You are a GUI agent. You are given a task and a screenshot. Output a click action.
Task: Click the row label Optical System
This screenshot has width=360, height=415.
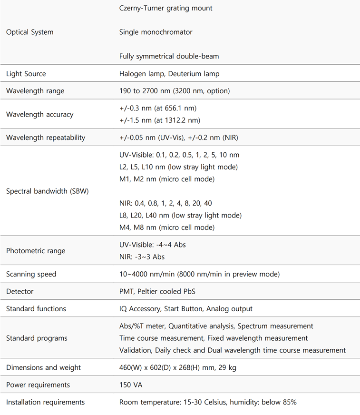[29, 32]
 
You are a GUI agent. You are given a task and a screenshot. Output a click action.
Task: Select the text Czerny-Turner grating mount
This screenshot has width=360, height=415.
[165, 8]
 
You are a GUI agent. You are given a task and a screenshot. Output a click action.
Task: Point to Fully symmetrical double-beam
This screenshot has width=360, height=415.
[169, 57]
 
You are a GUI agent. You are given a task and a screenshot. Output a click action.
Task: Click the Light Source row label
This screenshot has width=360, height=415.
[26, 74]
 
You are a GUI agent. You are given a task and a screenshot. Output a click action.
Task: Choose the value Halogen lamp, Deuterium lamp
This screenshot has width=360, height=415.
[169, 74]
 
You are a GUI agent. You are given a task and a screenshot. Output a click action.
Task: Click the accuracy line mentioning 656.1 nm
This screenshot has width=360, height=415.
[157, 109]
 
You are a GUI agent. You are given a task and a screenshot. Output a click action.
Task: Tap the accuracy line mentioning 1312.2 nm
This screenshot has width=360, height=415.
[159, 120]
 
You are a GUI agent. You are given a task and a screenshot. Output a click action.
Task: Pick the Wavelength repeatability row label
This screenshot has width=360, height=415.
[46, 138]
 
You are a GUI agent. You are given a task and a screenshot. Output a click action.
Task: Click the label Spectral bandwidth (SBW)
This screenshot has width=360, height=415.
[47, 191]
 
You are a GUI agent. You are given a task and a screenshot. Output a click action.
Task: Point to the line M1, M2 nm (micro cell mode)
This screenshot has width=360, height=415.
[166, 179]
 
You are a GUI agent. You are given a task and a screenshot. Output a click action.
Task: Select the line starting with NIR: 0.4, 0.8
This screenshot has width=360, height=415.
[165, 204]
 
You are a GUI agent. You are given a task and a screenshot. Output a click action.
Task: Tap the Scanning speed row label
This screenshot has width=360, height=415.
[31, 274]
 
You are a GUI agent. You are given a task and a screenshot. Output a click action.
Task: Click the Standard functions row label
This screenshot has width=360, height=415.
[36, 309]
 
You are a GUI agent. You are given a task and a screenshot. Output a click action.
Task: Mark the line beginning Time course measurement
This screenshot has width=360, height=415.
[214, 338]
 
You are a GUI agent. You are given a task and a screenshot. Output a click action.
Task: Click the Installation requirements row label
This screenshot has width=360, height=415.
[45, 403]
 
